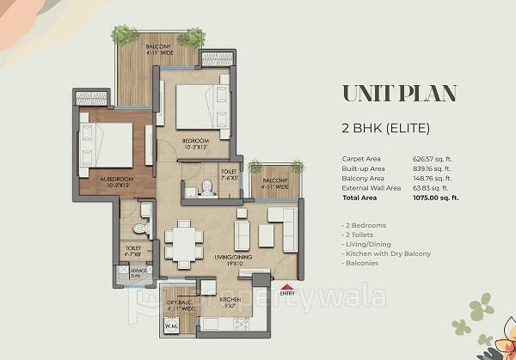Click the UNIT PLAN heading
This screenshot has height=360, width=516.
pos(399,93)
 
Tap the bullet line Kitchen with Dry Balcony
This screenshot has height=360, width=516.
pos(385,253)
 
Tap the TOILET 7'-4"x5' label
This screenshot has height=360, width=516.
pos(230,175)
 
